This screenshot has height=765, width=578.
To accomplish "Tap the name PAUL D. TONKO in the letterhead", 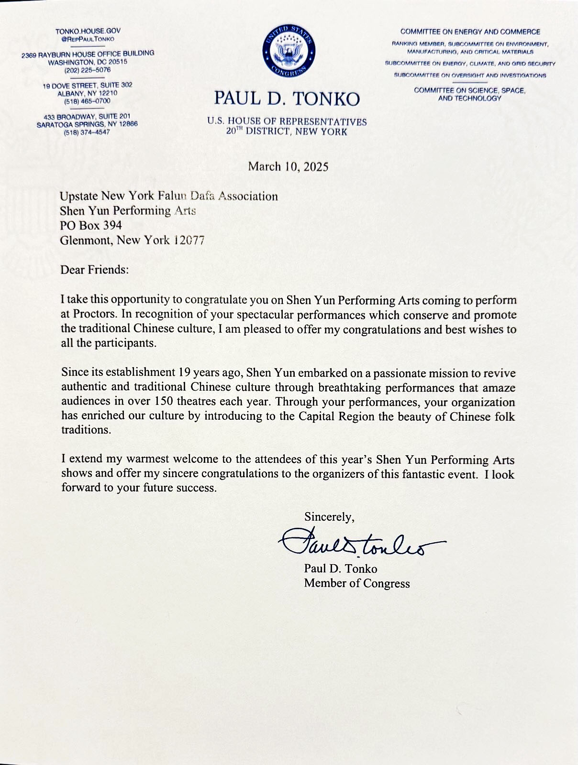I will tap(287, 98).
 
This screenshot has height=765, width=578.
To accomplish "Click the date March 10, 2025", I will tap(288, 166).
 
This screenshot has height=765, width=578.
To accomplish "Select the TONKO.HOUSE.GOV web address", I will tap(88, 31).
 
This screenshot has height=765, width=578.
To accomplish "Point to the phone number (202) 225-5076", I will tap(88, 70).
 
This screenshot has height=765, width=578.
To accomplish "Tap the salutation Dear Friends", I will tap(94, 270).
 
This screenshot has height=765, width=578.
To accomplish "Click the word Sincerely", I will tap(329, 517).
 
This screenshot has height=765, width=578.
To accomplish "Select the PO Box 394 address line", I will tap(90, 225).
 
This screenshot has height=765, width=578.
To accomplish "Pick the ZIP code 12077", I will tap(189, 240).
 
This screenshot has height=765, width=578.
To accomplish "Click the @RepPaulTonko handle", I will tap(88, 39).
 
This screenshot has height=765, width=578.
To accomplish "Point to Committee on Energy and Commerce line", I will tap(470, 32).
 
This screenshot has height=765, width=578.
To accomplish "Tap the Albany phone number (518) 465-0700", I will tap(87, 101).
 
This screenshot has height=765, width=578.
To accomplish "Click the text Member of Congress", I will tap(357, 583).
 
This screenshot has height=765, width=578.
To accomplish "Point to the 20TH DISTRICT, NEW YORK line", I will tap(287, 131).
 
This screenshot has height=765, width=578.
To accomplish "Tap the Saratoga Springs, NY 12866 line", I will tap(87, 124).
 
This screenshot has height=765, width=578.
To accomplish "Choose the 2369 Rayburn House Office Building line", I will tap(88, 54).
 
